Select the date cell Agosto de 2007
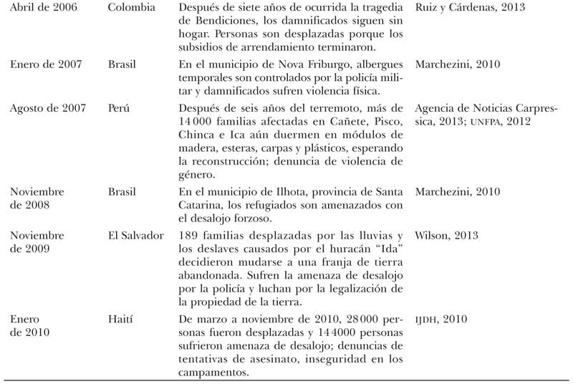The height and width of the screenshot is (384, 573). click(x=47, y=108)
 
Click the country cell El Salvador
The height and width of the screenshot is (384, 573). click(x=136, y=235)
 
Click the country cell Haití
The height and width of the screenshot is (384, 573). click(x=122, y=318)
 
